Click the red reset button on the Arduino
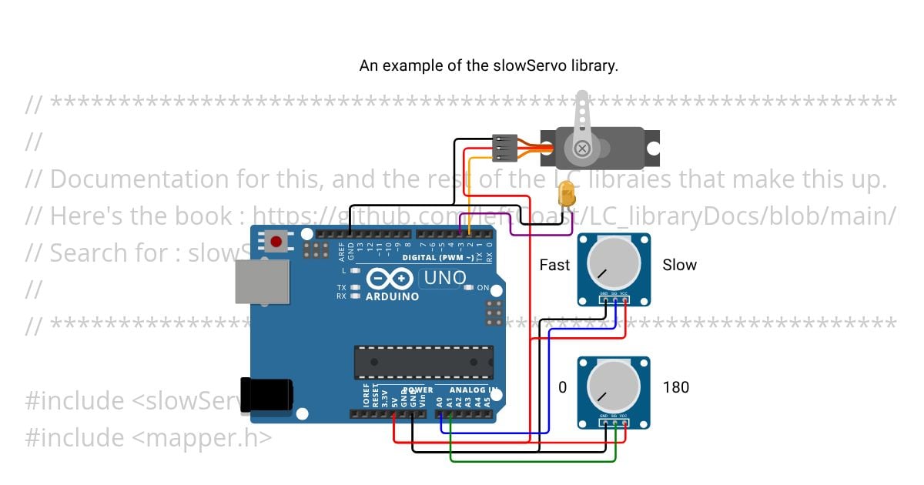point(276,242)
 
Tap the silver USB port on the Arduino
point(262,280)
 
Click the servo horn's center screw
point(583,148)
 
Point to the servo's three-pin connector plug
point(504,148)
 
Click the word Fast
point(554,266)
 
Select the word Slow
point(679,266)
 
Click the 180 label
point(675,387)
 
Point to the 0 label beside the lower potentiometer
point(562,387)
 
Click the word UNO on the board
point(447,277)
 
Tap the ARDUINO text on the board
point(392,296)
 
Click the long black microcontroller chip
point(423,362)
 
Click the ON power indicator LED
point(470,288)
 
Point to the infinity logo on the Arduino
point(392,279)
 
